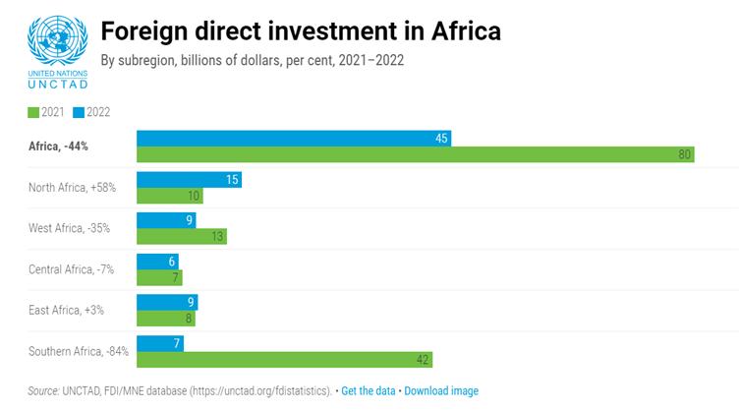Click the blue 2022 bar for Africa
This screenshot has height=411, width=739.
pos(293,139)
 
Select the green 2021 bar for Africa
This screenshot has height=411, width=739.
pos(415,154)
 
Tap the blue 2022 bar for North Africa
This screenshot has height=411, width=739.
pos(189,180)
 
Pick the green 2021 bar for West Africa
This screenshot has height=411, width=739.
pos(181,236)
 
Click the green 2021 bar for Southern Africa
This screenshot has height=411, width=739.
pos(284,359)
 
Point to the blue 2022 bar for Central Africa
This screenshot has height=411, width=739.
pos(157,262)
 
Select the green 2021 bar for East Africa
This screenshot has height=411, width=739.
pos(165,318)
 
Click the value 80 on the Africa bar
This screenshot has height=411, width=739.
pos(684,154)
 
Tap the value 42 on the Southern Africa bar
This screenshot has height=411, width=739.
pos(423,359)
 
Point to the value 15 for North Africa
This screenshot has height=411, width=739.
pos(232,180)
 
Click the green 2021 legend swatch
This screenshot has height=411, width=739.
pos(33,112)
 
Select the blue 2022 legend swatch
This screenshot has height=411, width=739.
pos(79,112)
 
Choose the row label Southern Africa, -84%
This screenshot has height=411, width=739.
pos(79,351)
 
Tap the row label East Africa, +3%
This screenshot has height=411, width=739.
pos(66,310)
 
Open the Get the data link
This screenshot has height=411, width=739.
pos(369,391)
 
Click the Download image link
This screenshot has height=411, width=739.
pos(441,391)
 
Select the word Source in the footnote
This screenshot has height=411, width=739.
pos(43,391)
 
